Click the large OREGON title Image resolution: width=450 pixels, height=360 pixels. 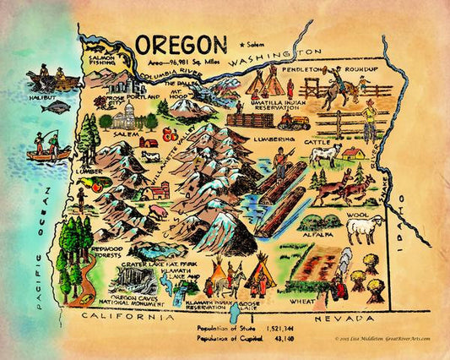(x=180, y=43)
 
